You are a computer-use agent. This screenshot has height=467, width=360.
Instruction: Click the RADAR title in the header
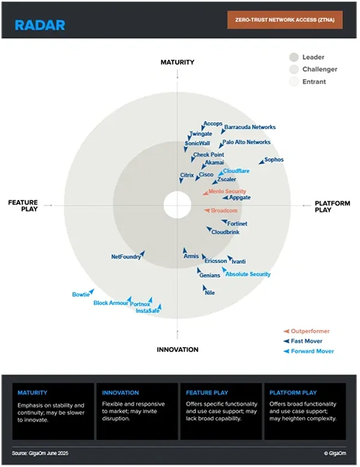pos(40,25)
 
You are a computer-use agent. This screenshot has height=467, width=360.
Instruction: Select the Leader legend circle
pos(294,57)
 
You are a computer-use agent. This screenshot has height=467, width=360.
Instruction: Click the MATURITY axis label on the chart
pos(177,61)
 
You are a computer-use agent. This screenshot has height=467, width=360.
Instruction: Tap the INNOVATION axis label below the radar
pos(177,349)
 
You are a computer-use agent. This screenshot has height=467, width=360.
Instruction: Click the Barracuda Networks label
pos(250,127)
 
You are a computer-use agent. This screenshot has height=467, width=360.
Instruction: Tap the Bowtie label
pos(81,294)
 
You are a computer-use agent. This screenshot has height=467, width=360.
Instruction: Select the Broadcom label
pos(224,210)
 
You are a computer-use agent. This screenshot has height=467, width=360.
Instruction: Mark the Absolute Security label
pos(247,274)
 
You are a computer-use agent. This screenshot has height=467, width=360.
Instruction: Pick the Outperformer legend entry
pos(311,332)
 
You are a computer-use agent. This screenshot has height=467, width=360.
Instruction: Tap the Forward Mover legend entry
pos(313,351)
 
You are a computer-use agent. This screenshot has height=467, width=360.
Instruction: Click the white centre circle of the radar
pos(177,205)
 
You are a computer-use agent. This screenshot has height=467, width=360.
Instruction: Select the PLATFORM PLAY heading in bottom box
pos(294,392)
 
